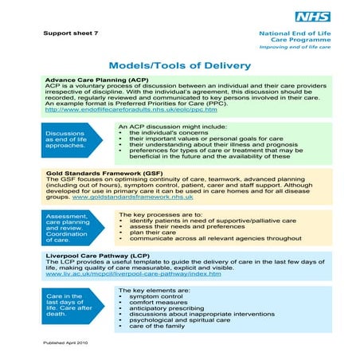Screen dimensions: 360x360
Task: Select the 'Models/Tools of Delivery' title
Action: pos(179,65)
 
